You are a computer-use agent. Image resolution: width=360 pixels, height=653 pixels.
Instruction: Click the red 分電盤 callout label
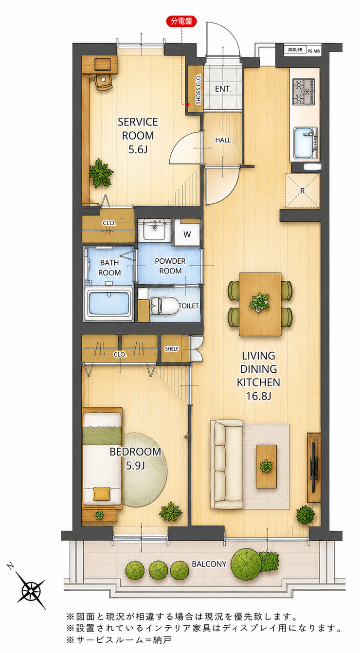(x=181, y=21)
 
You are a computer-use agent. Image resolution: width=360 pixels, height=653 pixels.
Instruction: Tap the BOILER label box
(x=295, y=50)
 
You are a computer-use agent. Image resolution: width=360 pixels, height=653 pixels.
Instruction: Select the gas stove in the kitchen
(x=304, y=91)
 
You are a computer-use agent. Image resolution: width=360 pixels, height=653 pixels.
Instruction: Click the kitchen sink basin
(x=303, y=143)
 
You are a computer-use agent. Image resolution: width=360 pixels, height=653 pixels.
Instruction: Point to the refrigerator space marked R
(x=303, y=191)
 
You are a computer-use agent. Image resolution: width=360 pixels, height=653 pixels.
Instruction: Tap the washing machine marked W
(x=187, y=234)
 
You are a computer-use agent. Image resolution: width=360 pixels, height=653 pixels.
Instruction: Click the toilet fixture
(x=164, y=306)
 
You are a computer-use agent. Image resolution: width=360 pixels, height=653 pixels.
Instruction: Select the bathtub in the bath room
(x=108, y=303)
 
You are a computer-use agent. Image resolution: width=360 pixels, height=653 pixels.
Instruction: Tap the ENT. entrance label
(x=223, y=89)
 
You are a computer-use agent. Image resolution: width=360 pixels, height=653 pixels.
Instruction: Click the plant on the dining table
(x=259, y=302)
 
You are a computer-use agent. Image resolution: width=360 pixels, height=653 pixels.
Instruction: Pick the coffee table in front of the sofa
(x=266, y=466)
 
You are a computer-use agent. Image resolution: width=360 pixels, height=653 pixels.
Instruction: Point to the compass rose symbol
(x=30, y=591)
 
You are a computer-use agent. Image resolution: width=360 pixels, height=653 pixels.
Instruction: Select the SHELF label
(x=172, y=349)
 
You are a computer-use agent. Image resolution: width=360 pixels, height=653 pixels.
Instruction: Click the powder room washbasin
(x=155, y=230)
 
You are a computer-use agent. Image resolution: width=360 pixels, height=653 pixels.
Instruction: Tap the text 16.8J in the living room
(x=258, y=396)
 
